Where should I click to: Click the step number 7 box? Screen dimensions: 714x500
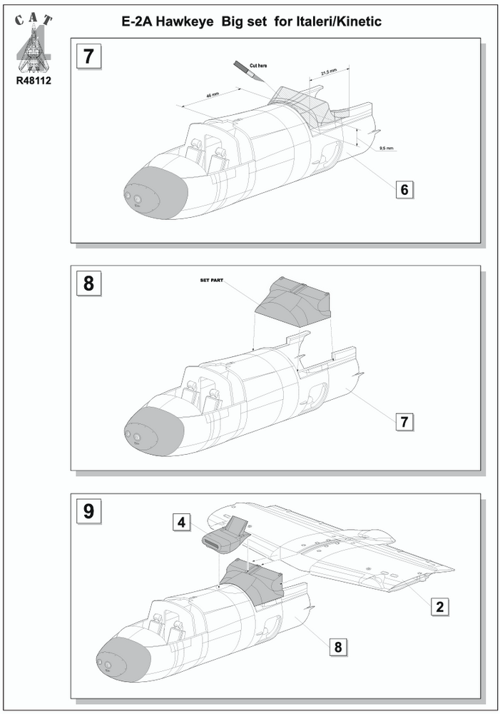[x=88, y=57]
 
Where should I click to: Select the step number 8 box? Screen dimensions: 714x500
[x=88, y=283]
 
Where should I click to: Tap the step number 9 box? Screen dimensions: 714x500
[x=88, y=511]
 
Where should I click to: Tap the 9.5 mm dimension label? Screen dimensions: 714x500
[x=386, y=148]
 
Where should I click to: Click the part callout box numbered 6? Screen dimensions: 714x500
[x=404, y=189]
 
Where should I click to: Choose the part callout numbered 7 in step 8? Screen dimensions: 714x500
[x=404, y=421]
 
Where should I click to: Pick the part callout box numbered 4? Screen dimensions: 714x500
[x=182, y=523]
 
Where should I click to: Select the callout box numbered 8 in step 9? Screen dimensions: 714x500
[x=339, y=647]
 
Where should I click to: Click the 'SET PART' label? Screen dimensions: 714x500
[x=212, y=281]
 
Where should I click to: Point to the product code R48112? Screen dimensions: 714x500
[x=33, y=80]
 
